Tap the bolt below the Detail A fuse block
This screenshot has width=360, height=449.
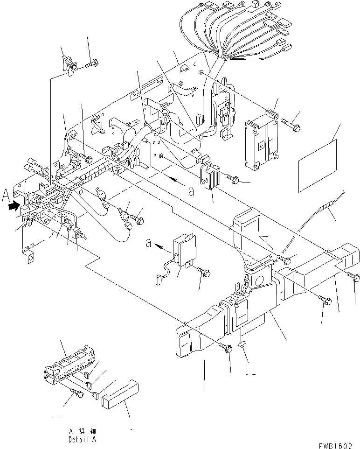(x=76, y=394)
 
